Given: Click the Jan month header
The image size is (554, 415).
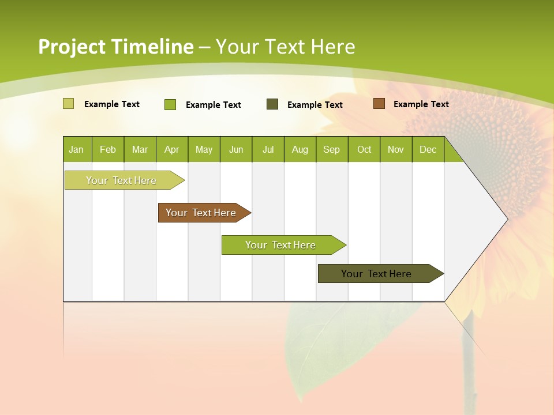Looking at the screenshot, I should (76, 150).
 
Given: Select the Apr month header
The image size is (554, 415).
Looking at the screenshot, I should (171, 150).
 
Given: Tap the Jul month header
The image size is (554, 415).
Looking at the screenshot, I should (268, 150).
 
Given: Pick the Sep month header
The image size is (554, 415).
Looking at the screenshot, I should (331, 150).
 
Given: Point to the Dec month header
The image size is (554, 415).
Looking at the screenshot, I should (428, 150).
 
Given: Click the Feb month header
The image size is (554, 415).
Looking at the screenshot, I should (108, 150).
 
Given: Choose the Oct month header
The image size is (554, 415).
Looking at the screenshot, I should (364, 150).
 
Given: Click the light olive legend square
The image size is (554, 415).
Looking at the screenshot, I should (68, 104).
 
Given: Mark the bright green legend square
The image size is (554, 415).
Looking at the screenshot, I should (170, 104).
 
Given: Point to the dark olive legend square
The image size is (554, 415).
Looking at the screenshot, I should (272, 104).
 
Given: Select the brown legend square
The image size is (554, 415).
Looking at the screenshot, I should (379, 104).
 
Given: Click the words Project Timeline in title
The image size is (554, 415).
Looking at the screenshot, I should (115, 47).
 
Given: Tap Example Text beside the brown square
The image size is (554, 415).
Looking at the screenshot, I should (421, 104).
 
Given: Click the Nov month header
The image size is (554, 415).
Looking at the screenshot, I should (396, 150).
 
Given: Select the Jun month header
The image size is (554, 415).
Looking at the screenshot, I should (236, 150).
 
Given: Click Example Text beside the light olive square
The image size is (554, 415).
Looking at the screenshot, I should (112, 104).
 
